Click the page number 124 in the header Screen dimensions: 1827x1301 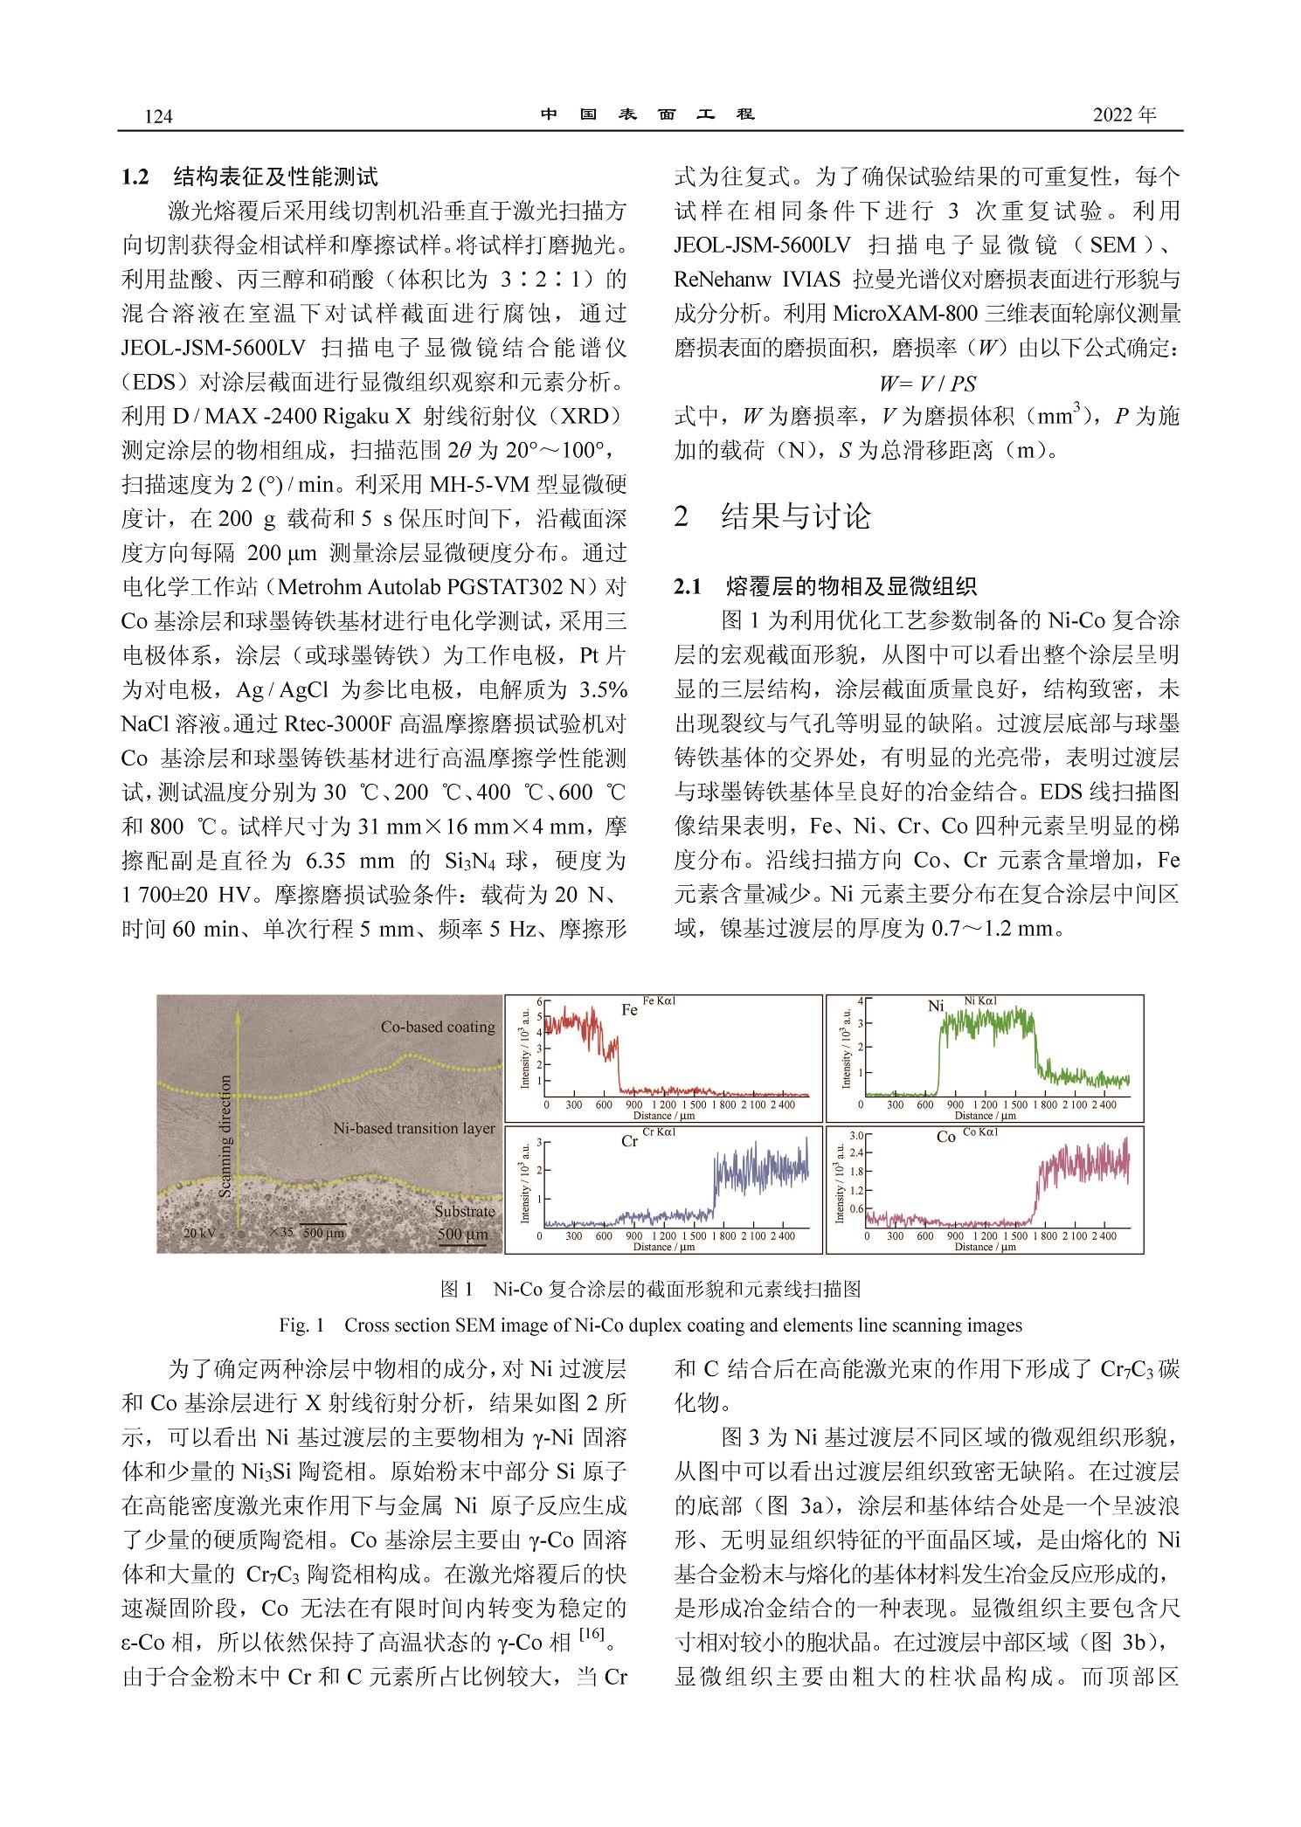click(158, 117)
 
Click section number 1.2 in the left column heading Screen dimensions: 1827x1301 click(135, 177)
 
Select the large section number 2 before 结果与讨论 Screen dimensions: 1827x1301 click(682, 516)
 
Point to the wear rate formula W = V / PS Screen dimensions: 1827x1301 click(927, 383)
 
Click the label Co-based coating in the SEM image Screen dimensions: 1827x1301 click(437, 1027)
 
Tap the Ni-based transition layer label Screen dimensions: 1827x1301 click(413, 1128)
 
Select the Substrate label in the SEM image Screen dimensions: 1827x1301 click(464, 1211)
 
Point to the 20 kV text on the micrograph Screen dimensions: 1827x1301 click(199, 1233)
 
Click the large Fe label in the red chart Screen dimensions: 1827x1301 click(629, 1010)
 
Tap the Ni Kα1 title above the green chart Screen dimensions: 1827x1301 click(980, 1001)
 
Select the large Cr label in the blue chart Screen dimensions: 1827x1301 click(629, 1141)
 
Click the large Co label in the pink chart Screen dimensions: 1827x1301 click(945, 1138)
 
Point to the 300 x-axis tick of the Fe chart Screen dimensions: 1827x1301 click(573, 1105)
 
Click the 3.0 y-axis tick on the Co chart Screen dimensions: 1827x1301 click(856, 1136)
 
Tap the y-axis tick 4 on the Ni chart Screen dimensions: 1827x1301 click(860, 1001)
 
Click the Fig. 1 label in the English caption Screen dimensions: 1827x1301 click(301, 1325)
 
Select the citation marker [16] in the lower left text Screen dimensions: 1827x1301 click(592, 1632)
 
